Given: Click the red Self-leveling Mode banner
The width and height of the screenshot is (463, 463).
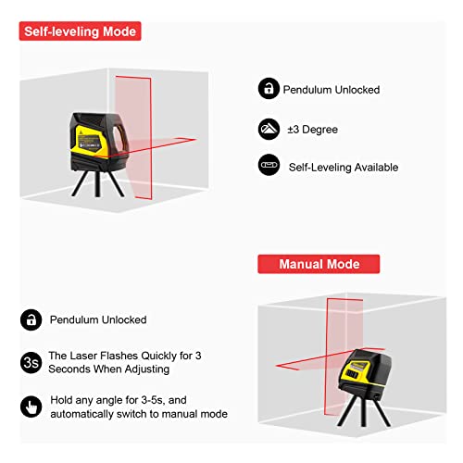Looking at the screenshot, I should point(79,31).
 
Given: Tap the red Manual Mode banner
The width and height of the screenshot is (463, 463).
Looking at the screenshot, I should point(309,265).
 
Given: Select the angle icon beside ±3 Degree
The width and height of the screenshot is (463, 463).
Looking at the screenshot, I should point(269,129).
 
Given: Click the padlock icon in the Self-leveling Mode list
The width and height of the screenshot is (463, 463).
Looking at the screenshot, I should point(269,90).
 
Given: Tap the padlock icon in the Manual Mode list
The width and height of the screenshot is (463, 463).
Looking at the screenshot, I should point(31,319).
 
